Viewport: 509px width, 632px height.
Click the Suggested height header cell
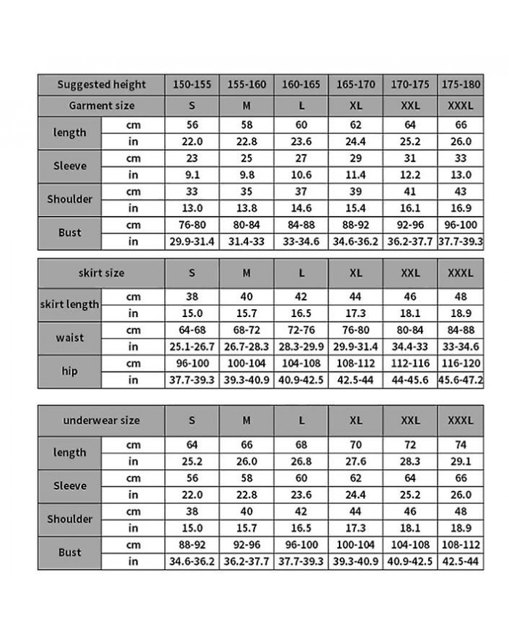click(101, 84)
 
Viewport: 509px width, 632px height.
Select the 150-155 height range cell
click(192, 84)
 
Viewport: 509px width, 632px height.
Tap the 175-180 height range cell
click(461, 84)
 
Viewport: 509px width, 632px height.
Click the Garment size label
click(101, 105)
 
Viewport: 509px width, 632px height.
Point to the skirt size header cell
click(101, 273)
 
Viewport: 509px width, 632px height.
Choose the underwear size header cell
click(101, 420)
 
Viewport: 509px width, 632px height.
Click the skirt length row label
click(70, 305)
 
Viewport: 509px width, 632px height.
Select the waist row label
click(70, 337)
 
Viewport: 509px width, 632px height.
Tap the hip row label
click(70, 371)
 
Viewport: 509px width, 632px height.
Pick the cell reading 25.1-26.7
click(192, 346)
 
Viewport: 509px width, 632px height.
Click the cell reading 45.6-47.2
click(461, 380)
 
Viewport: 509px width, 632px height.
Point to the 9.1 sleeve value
click(192, 175)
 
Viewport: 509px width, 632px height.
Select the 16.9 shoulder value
click(461, 208)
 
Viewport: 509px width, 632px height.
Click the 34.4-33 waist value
click(411, 346)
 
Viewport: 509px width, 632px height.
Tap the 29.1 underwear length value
click(461, 461)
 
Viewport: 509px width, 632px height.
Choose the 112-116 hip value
click(411, 362)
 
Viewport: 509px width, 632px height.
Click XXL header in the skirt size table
click(411, 273)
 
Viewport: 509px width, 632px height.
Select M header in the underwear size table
click(247, 420)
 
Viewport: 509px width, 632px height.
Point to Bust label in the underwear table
click(70, 553)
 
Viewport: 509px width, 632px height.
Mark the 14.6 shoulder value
click(302, 208)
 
